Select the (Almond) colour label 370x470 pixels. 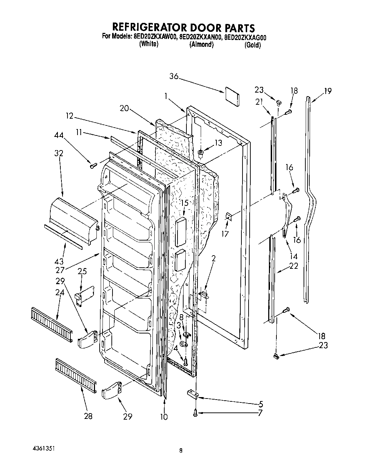click(201, 45)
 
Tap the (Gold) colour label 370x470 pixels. click(252, 45)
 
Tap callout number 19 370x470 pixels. click(327, 91)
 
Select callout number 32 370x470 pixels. click(59, 153)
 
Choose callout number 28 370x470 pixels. click(88, 416)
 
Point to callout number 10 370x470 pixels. click(164, 417)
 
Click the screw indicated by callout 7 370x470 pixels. click(195, 413)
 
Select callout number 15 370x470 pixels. click(184, 203)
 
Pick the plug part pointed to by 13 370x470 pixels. click(201, 153)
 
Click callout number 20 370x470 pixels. click(124, 108)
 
